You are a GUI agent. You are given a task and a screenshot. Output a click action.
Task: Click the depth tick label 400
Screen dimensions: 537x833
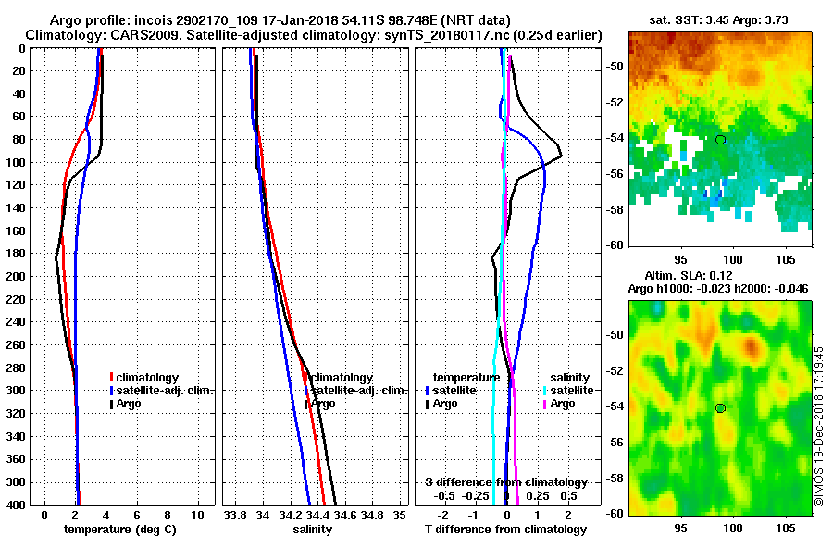click(x=17, y=506)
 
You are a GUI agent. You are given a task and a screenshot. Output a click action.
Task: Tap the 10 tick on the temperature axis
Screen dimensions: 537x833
click(x=197, y=515)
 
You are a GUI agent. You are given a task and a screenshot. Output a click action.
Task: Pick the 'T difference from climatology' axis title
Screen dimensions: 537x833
click(x=506, y=530)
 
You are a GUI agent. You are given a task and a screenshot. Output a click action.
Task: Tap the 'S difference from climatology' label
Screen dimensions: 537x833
click(x=506, y=482)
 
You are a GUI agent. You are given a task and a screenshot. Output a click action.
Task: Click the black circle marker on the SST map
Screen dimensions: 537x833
click(x=720, y=140)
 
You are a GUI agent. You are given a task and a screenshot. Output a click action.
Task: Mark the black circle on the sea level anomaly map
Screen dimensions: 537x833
click(x=720, y=407)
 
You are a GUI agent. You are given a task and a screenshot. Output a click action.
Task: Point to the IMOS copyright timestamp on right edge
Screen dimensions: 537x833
click(x=819, y=427)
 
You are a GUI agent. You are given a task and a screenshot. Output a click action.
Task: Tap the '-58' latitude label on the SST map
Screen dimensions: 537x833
click(x=613, y=209)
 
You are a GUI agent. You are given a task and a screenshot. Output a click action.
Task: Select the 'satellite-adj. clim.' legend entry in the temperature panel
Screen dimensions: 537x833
click(x=164, y=390)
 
